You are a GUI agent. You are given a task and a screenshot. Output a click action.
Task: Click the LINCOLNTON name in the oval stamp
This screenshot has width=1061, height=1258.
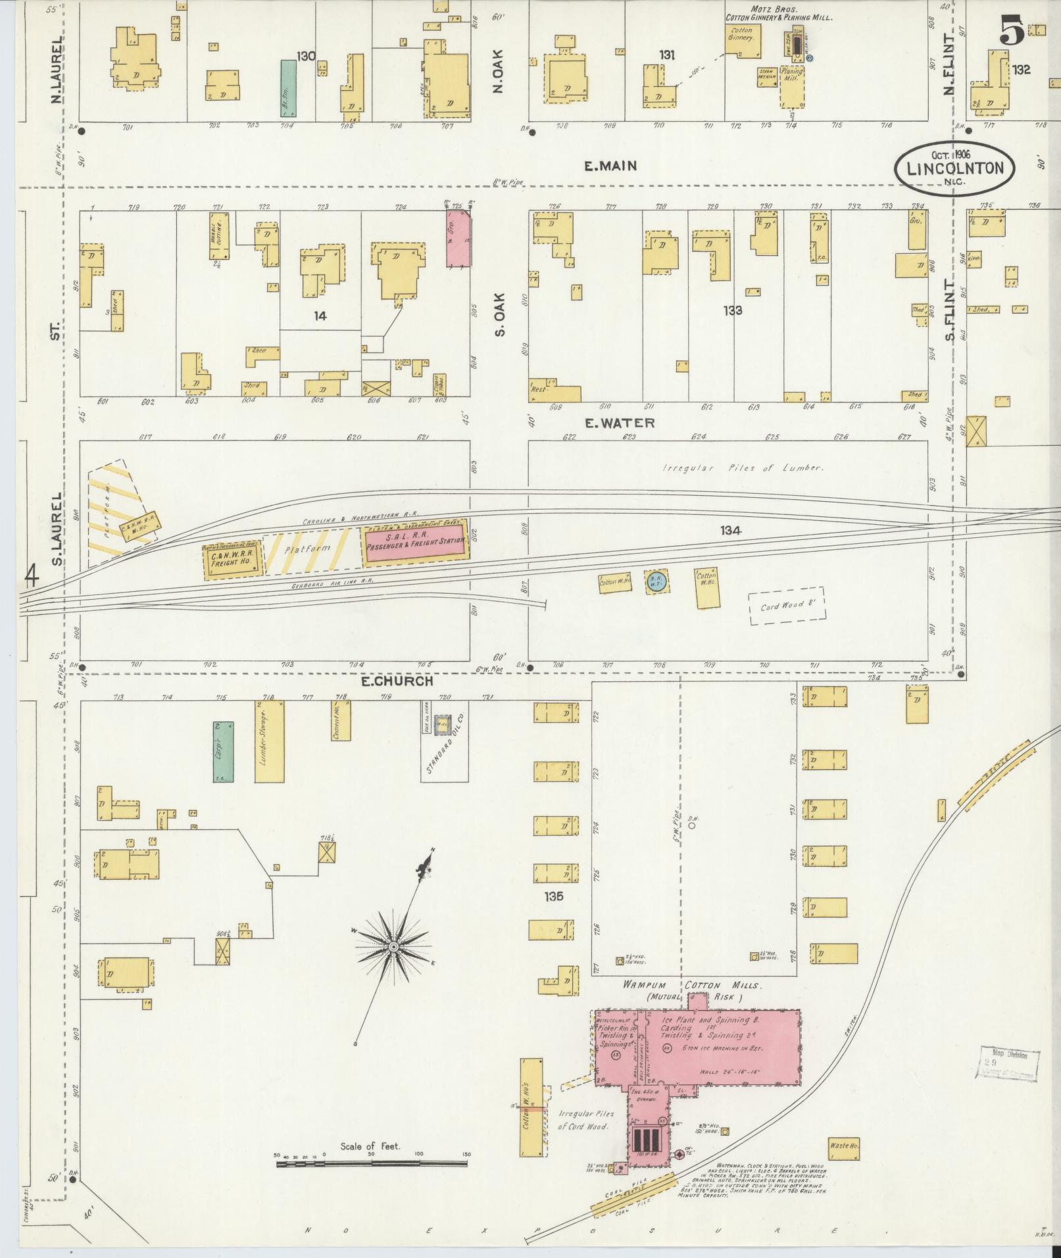click(955, 168)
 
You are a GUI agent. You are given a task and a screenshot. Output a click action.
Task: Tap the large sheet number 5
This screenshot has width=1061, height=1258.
click(1012, 33)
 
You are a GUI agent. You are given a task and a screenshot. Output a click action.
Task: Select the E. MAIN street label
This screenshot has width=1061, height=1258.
click(610, 166)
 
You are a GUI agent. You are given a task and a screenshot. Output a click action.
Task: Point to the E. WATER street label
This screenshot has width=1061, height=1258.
click(620, 422)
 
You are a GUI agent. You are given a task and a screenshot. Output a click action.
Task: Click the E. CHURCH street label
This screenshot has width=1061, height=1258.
click(397, 681)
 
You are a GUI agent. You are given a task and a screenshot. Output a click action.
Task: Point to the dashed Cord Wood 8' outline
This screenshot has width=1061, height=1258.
click(787, 606)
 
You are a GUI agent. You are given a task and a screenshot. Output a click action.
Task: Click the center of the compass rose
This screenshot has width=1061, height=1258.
click(393, 946)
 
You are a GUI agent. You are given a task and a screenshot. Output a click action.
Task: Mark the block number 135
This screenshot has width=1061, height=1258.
click(554, 896)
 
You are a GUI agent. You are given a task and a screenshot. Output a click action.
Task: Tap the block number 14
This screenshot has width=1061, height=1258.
click(320, 316)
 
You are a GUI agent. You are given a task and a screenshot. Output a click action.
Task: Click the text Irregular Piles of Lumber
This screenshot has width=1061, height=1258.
click(743, 468)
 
